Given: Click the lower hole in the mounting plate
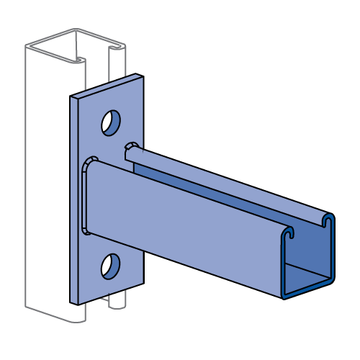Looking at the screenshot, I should [110, 266].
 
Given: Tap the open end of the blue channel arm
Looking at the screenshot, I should [307, 259].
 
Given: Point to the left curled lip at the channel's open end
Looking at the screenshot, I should [289, 234].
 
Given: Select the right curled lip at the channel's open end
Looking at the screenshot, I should [328, 220].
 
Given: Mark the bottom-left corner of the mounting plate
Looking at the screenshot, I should [73, 302].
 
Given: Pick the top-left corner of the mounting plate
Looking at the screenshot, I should [72, 97].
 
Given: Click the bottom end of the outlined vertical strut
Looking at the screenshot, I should [54, 314].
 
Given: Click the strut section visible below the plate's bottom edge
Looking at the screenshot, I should [115, 301].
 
